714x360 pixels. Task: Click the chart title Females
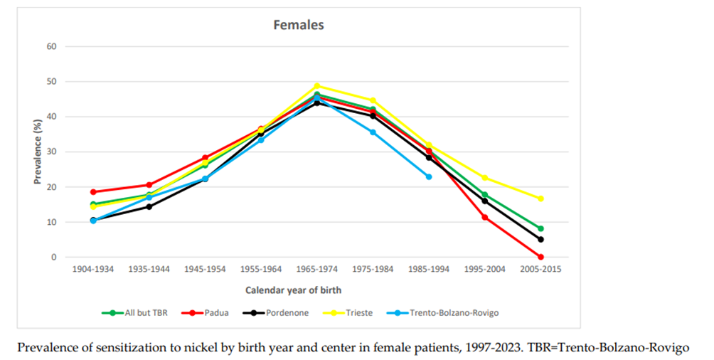pos(299,25)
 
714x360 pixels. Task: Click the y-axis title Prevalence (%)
pos(37,152)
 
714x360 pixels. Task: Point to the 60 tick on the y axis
pos(51,46)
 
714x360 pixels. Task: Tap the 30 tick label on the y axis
pos(51,152)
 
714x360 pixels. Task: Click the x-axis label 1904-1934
pos(93,270)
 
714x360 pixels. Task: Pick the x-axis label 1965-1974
pos(317,270)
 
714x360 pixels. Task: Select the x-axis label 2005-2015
pos(540,270)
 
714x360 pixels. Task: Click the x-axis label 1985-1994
pos(429,270)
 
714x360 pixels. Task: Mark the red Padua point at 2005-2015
pos(540,257)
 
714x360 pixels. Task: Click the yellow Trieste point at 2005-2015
pos(540,198)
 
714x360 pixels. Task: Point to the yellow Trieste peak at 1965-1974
pos(317,86)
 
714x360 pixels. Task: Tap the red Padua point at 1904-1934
pos(93,192)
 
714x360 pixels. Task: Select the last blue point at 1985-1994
pos(429,176)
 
